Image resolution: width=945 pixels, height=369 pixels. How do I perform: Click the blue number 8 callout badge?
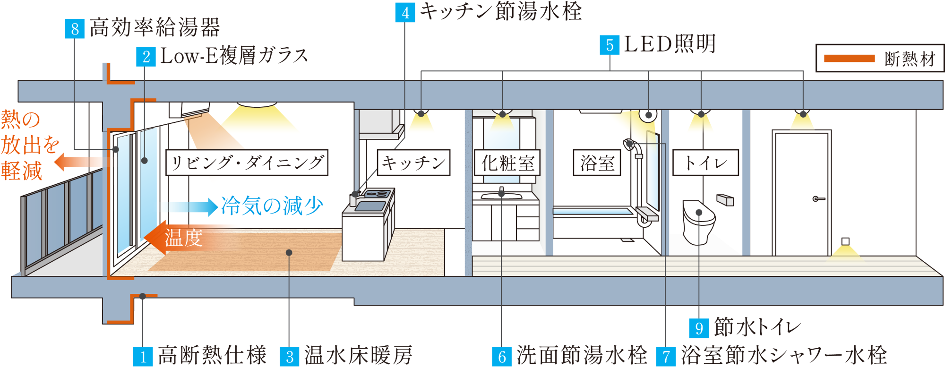pos(74,29)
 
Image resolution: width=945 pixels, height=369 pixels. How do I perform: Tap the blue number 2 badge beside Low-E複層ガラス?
pos(146,57)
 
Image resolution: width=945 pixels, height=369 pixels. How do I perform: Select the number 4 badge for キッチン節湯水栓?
pos(405,12)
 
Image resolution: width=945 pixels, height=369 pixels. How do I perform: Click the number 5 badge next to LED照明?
pos(610,45)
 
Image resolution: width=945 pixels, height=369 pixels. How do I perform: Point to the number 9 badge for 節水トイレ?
pos(699,328)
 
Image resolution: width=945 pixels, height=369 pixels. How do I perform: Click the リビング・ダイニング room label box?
pos(247,163)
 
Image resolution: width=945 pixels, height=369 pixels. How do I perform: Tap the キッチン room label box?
pos(414,163)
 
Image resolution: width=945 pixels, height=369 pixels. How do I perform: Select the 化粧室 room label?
pos(507,163)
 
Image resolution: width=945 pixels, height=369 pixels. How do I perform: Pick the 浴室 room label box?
pos(597,163)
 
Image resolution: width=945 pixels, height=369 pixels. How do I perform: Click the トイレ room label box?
pos(705,163)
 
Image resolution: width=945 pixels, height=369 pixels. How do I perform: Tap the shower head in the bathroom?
pos(628,144)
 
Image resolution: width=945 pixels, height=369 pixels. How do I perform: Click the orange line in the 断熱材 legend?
pos(849,59)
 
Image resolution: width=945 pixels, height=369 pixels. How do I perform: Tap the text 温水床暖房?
pos(358,355)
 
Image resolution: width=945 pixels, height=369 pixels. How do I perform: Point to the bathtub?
pos(593,211)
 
